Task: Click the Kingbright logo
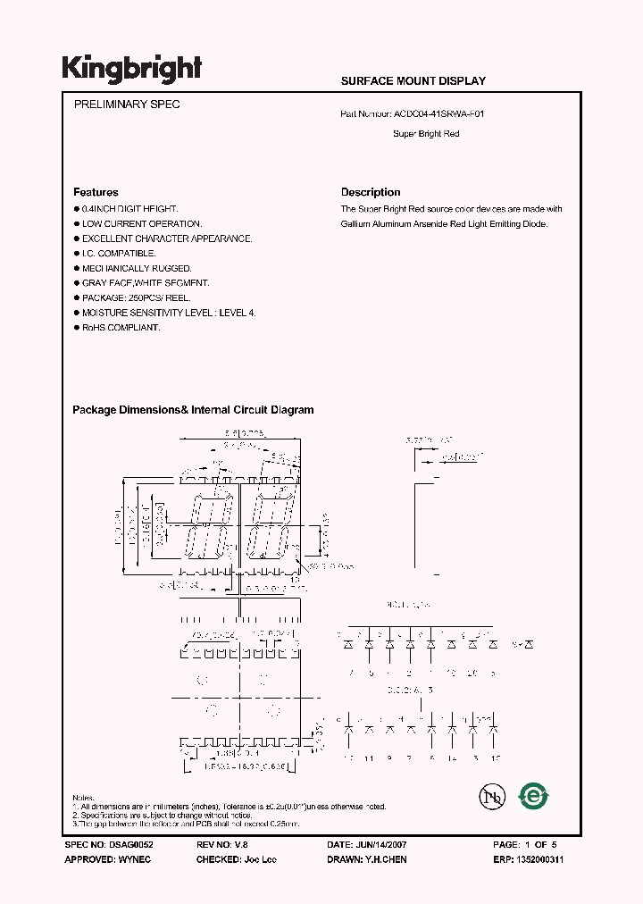[x=131, y=69]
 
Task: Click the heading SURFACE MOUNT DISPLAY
[x=413, y=81]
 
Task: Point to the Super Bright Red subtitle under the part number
[x=426, y=134]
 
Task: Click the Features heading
[x=96, y=192]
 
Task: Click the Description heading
[x=371, y=192]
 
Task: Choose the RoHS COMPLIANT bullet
[x=121, y=328]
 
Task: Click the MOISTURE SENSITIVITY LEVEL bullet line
[x=169, y=313]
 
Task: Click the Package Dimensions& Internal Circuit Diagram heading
[x=193, y=410]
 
